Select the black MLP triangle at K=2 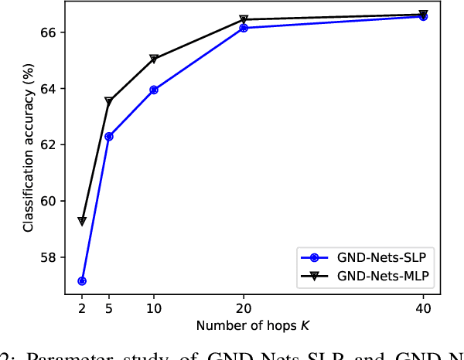pyautogui.click(x=82, y=222)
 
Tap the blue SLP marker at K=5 pyautogui.click(x=109, y=136)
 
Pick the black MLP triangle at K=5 pyautogui.click(x=109, y=101)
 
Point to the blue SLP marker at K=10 pyautogui.click(x=154, y=90)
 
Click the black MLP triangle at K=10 pyautogui.click(x=154, y=59)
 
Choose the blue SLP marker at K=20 pyautogui.click(x=244, y=28)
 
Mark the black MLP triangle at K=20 pyautogui.click(x=244, y=19)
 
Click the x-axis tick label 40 pyautogui.click(x=423, y=307)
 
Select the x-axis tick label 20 pyautogui.click(x=244, y=307)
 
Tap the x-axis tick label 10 pyautogui.click(x=154, y=307)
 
